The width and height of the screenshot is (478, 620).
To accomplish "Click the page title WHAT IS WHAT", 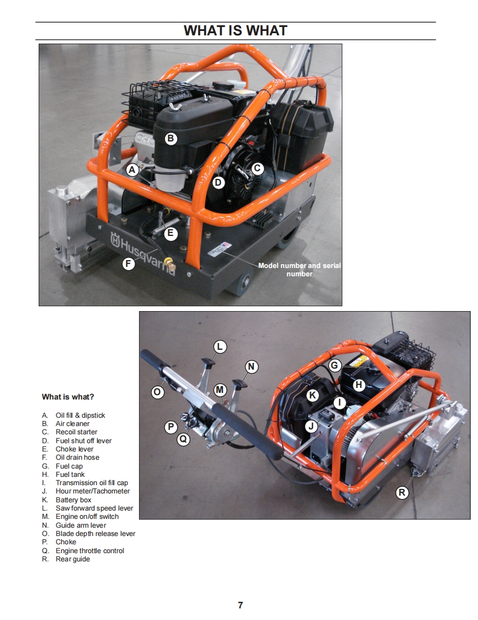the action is (x=236, y=30).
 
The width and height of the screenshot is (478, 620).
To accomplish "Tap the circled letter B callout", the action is (x=171, y=138).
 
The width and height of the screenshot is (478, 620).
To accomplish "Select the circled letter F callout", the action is (x=128, y=264).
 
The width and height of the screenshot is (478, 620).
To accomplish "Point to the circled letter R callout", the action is (x=402, y=492).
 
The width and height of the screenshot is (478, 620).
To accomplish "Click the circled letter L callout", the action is (x=220, y=347).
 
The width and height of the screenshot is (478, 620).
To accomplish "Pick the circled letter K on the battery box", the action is (x=312, y=395).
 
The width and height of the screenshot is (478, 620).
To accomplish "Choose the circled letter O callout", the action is (x=157, y=392).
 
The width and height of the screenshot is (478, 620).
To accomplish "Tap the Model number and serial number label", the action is (x=300, y=270).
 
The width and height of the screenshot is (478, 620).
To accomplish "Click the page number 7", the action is (x=240, y=605).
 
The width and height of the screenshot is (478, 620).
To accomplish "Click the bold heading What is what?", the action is (x=68, y=397).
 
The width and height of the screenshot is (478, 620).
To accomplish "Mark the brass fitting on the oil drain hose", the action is (x=171, y=264).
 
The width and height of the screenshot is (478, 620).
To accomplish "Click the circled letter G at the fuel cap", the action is (x=334, y=365).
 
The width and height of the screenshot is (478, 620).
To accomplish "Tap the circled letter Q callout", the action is (x=183, y=439).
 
